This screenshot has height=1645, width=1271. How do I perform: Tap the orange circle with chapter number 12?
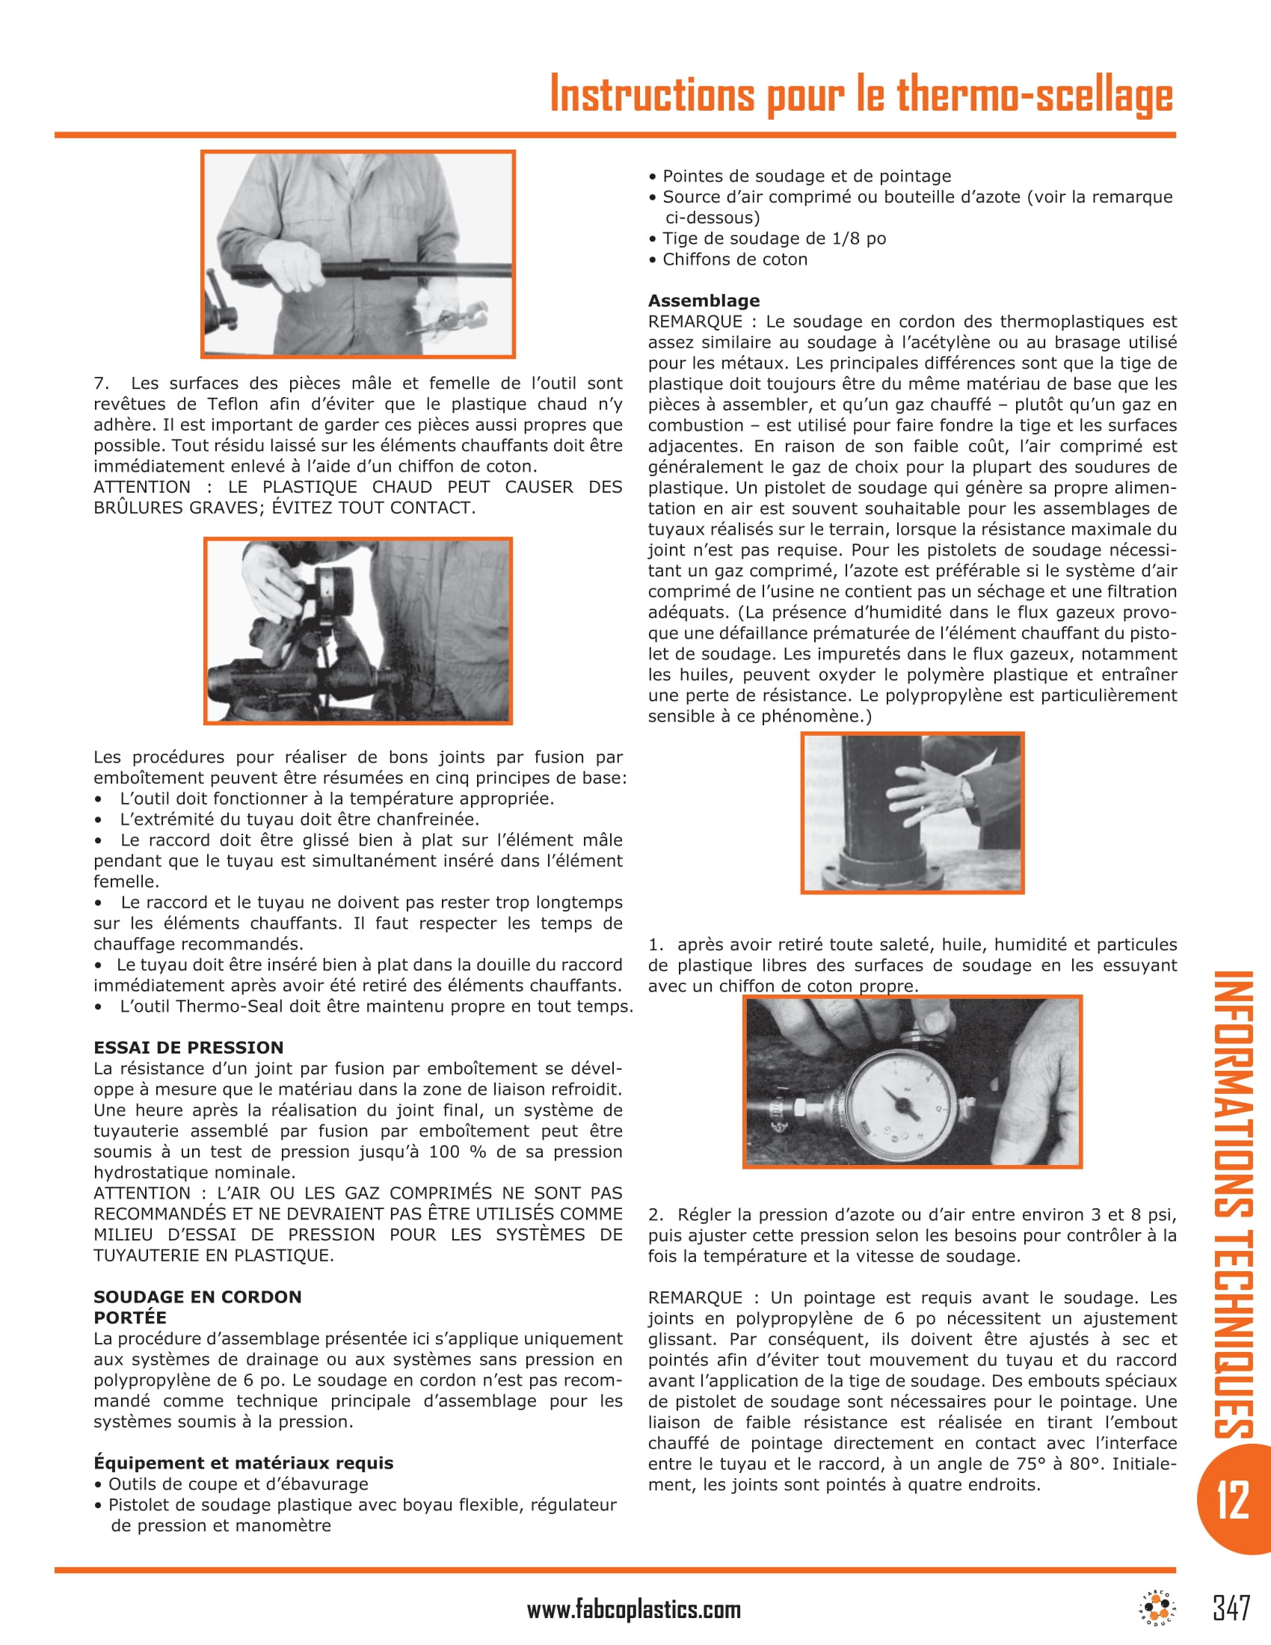pyautogui.click(x=1233, y=1499)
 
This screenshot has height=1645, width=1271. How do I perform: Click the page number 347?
pyautogui.click(x=1231, y=1608)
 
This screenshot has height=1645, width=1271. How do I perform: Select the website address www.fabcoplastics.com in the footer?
pyautogui.click(x=633, y=1610)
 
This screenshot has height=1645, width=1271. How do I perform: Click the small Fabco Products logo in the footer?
pyautogui.click(x=1157, y=1608)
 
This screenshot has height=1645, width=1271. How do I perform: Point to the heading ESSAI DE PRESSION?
pyautogui.click(x=188, y=1048)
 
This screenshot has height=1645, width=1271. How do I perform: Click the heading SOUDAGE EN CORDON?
pyautogui.click(x=197, y=1297)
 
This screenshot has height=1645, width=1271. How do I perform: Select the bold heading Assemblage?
pyautogui.click(x=704, y=301)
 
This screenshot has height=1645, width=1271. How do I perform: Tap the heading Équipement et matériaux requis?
pyautogui.click(x=243, y=1463)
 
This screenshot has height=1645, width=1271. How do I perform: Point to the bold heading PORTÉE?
pyautogui.click(x=129, y=1317)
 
